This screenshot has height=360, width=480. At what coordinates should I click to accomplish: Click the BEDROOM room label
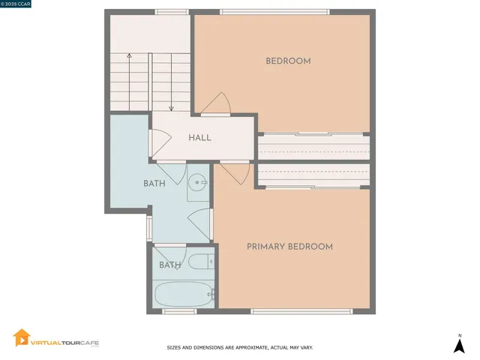click(288, 61)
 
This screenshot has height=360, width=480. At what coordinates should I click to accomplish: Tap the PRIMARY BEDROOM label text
click(289, 247)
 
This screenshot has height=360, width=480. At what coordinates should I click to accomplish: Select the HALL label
click(199, 137)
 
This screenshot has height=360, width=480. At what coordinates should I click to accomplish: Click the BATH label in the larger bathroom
click(155, 183)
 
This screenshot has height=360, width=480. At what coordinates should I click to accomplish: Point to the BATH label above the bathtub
click(169, 265)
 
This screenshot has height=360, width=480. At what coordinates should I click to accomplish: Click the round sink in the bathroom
click(198, 181)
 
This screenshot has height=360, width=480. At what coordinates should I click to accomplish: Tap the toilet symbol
click(200, 262)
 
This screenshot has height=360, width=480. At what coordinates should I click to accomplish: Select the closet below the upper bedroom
click(313, 145)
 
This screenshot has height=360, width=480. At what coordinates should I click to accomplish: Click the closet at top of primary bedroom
click(313, 175)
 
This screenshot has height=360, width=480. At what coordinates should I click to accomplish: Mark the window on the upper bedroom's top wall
click(274, 12)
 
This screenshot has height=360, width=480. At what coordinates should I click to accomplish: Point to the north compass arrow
click(459, 345)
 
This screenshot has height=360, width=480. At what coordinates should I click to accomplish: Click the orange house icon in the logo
click(22, 339)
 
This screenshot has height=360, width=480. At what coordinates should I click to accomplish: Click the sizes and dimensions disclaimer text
click(239, 348)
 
